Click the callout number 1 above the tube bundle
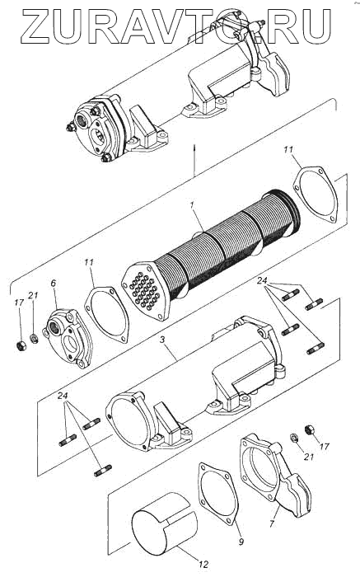coord(192,207)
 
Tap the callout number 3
coord(162,340)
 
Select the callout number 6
coord(54,284)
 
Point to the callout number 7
coord(272,523)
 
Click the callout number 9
coord(241,542)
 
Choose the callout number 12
coord(203,564)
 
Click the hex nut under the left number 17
coord(21,345)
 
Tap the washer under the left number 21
coord(34,338)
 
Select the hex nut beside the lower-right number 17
coord(309,429)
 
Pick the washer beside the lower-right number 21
coord(295,438)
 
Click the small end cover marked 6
coord(68,339)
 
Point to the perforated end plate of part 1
coord(146,292)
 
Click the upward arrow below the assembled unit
coord(194,160)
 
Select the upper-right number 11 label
coord(288,150)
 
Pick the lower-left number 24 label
coord(63,396)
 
